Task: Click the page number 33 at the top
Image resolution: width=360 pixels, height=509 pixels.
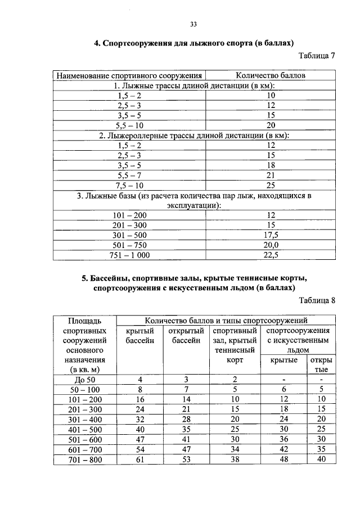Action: click(193, 24)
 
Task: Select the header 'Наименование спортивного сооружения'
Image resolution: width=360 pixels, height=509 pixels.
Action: click(129, 75)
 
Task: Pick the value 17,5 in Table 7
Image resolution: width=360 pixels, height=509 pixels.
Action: click(271, 235)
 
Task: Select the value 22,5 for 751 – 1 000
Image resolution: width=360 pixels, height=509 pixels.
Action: click(271, 255)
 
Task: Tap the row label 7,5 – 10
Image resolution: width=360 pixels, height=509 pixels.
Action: click(129, 184)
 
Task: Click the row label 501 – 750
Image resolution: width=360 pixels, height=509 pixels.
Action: click(129, 245)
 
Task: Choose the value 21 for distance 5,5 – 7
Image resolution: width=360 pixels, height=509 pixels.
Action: click(271, 175)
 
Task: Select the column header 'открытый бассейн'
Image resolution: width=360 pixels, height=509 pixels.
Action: click(186, 336)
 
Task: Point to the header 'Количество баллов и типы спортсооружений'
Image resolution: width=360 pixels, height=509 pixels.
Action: click(226, 320)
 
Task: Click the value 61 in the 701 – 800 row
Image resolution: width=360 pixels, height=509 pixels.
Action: click(140, 460)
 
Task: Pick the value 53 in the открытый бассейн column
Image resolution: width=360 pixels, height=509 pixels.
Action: click(186, 460)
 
